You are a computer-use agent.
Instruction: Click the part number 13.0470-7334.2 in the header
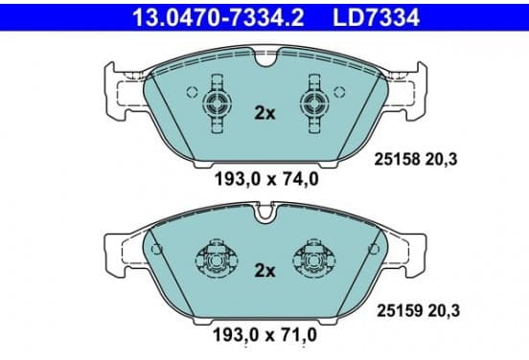click(218, 17)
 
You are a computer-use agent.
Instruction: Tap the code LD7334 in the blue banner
click(377, 17)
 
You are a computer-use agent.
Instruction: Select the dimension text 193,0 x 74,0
click(266, 179)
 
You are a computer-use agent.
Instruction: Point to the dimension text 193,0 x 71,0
click(265, 335)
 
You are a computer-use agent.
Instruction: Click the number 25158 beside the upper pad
click(397, 159)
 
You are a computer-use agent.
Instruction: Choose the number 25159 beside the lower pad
click(400, 310)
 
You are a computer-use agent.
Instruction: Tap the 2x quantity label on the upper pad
click(264, 114)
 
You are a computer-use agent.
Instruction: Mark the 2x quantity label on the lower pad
click(264, 270)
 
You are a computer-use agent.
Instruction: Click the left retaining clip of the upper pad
click(218, 103)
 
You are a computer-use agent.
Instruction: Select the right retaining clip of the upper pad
click(314, 103)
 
